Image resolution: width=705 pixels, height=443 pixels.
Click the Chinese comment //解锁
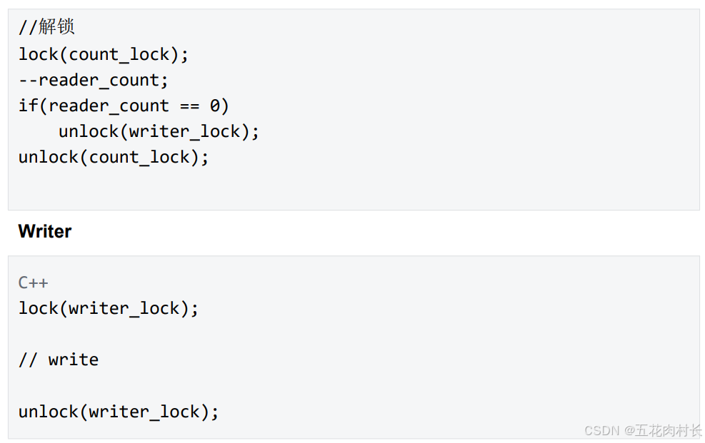pyautogui.click(x=46, y=28)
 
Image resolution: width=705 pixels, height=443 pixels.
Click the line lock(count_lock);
pyautogui.click(x=104, y=54)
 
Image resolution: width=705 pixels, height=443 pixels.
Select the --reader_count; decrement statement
pyautogui.click(x=94, y=80)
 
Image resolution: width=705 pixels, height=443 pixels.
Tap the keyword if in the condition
pyautogui.click(x=28, y=106)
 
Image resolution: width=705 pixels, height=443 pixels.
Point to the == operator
pyautogui.click(x=189, y=106)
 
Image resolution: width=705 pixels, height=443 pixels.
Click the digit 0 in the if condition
pyautogui.click(x=215, y=106)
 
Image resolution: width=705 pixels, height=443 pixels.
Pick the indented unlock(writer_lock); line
pyautogui.click(x=159, y=131)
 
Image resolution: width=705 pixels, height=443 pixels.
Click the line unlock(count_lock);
pyautogui.click(x=114, y=157)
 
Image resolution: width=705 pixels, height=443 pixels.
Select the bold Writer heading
pyautogui.click(x=45, y=231)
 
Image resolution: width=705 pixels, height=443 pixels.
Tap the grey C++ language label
pyautogui.click(x=33, y=282)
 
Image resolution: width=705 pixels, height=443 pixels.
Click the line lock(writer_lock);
pyautogui.click(x=109, y=308)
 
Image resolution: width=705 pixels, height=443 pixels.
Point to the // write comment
pyautogui.click(x=59, y=360)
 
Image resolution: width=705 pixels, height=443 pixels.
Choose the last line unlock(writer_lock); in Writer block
pyautogui.click(x=119, y=412)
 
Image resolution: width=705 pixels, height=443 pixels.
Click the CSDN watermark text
pyautogui.click(x=601, y=430)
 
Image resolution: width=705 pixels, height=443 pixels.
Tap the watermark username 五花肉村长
pyautogui.click(x=669, y=430)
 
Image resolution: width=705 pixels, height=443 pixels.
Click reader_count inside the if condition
pyautogui.click(x=109, y=106)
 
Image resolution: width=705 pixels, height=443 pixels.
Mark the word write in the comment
pyautogui.click(x=74, y=360)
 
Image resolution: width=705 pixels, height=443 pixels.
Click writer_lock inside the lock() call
pyautogui.click(x=129, y=308)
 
